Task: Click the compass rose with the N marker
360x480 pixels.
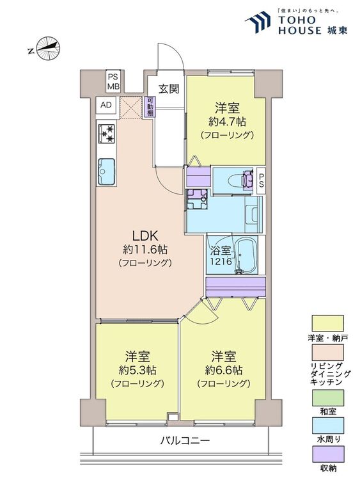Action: pyautogui.click(x=48, y=49)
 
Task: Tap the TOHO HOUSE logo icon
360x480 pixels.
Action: pyautogui.click(x=258, y=22)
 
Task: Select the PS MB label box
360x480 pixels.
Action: pyautogui.click(x=113, y=81)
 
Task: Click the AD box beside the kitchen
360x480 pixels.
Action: pyautogui.click(x=106, y=105)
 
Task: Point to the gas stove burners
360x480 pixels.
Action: pyautogui.click(x=106, y=133)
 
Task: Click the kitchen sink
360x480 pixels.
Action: pyautogui.click(x=106, y=172)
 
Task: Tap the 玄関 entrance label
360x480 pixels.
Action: pyautogui.click(x=169, y=89)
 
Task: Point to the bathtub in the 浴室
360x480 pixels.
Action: pyautogui.click(x=246, y=255)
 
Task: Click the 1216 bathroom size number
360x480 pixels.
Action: pyautogui.click(x=220, y=262)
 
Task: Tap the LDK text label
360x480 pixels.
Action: pyautogui.click(x=145, y=236)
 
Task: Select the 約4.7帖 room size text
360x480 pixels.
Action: pyautogui.click(x=227, y=122)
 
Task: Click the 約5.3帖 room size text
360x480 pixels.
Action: pyautogui.click(x=137, y=371)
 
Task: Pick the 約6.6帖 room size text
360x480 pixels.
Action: pyautogui.click(x=224, y=371)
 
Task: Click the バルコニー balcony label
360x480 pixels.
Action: pyautogui.click(x=185, y=441)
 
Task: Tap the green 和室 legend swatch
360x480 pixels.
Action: pyautogui.click(x=327, y=397)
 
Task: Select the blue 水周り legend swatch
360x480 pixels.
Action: pyautogui.click(x=327, y=426)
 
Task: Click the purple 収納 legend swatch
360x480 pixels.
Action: pyautogui.click(x=327, y=454)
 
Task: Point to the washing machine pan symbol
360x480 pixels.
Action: pyautogui.click(x=197, y=199)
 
